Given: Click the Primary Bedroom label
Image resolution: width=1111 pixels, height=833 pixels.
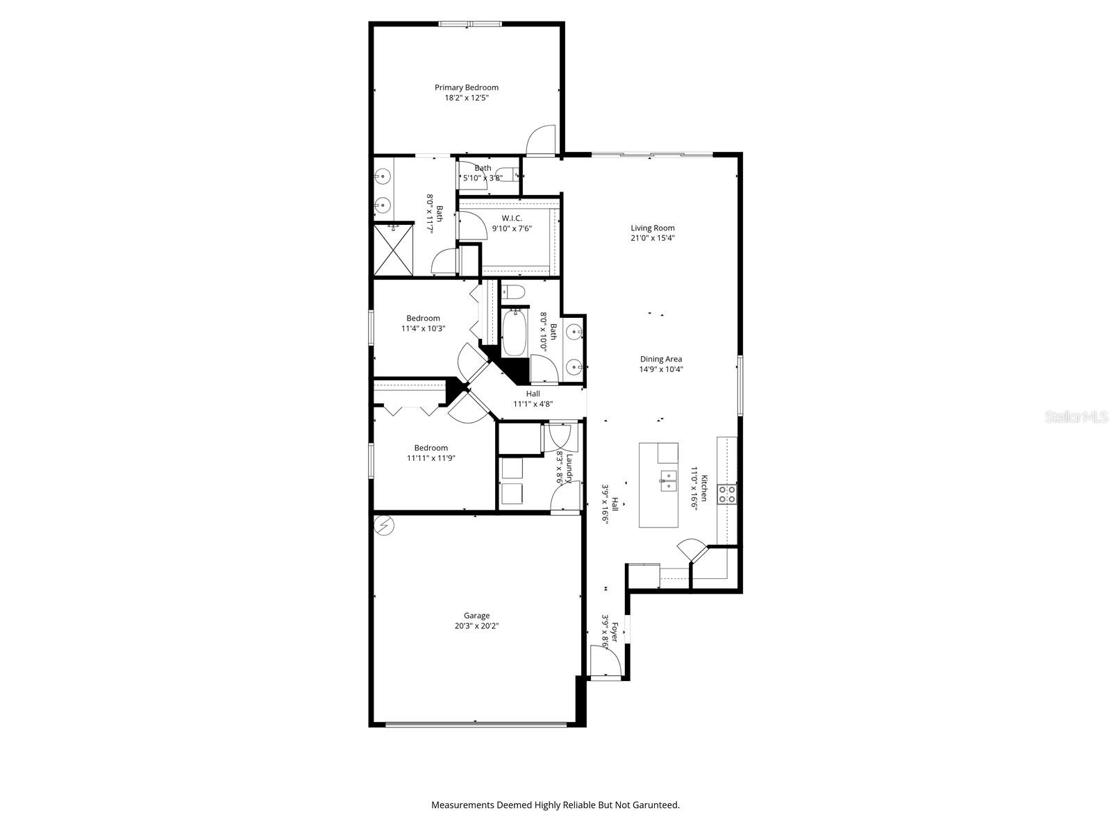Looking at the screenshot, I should [x=467, y=87].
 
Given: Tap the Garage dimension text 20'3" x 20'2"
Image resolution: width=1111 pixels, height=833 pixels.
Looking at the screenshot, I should [x=476, y=626].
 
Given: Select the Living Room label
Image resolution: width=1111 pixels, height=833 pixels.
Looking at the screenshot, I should [x=653, y=228].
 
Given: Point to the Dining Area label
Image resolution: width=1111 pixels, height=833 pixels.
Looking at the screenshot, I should [x=661, y=359].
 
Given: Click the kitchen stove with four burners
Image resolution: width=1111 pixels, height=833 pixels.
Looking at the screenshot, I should [x=727, y=494].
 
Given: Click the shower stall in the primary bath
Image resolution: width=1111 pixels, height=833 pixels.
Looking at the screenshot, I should [x=394, y=249].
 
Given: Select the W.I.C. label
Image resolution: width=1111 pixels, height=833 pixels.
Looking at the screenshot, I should [x=512, y=218].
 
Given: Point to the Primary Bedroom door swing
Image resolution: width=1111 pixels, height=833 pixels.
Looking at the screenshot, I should [x=541, y=140].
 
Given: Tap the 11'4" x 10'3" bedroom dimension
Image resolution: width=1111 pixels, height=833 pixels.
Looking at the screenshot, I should [x=423, y=329].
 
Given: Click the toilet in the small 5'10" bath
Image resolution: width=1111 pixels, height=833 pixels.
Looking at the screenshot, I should [x=511, y=174].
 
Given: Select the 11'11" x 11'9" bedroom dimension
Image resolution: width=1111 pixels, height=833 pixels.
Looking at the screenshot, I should [x=431, y=458].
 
